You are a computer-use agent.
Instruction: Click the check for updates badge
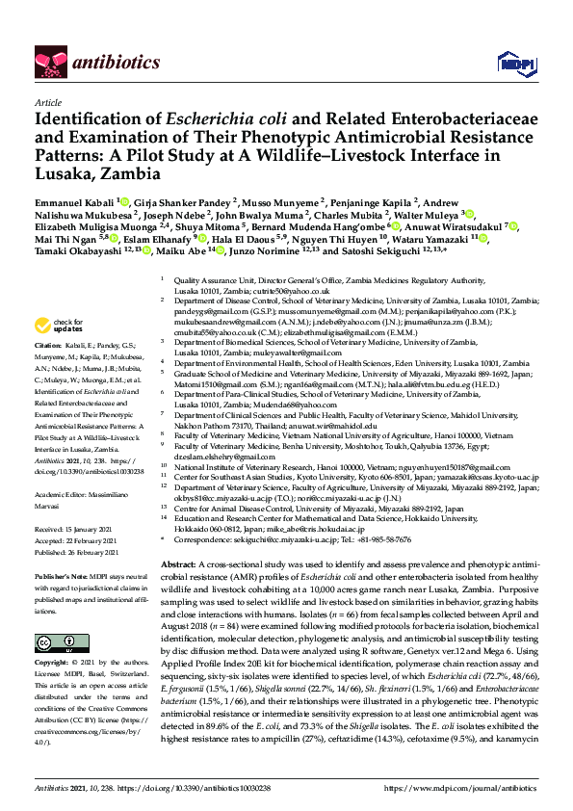point(60,325)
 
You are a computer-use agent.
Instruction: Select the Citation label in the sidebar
point(48,344)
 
